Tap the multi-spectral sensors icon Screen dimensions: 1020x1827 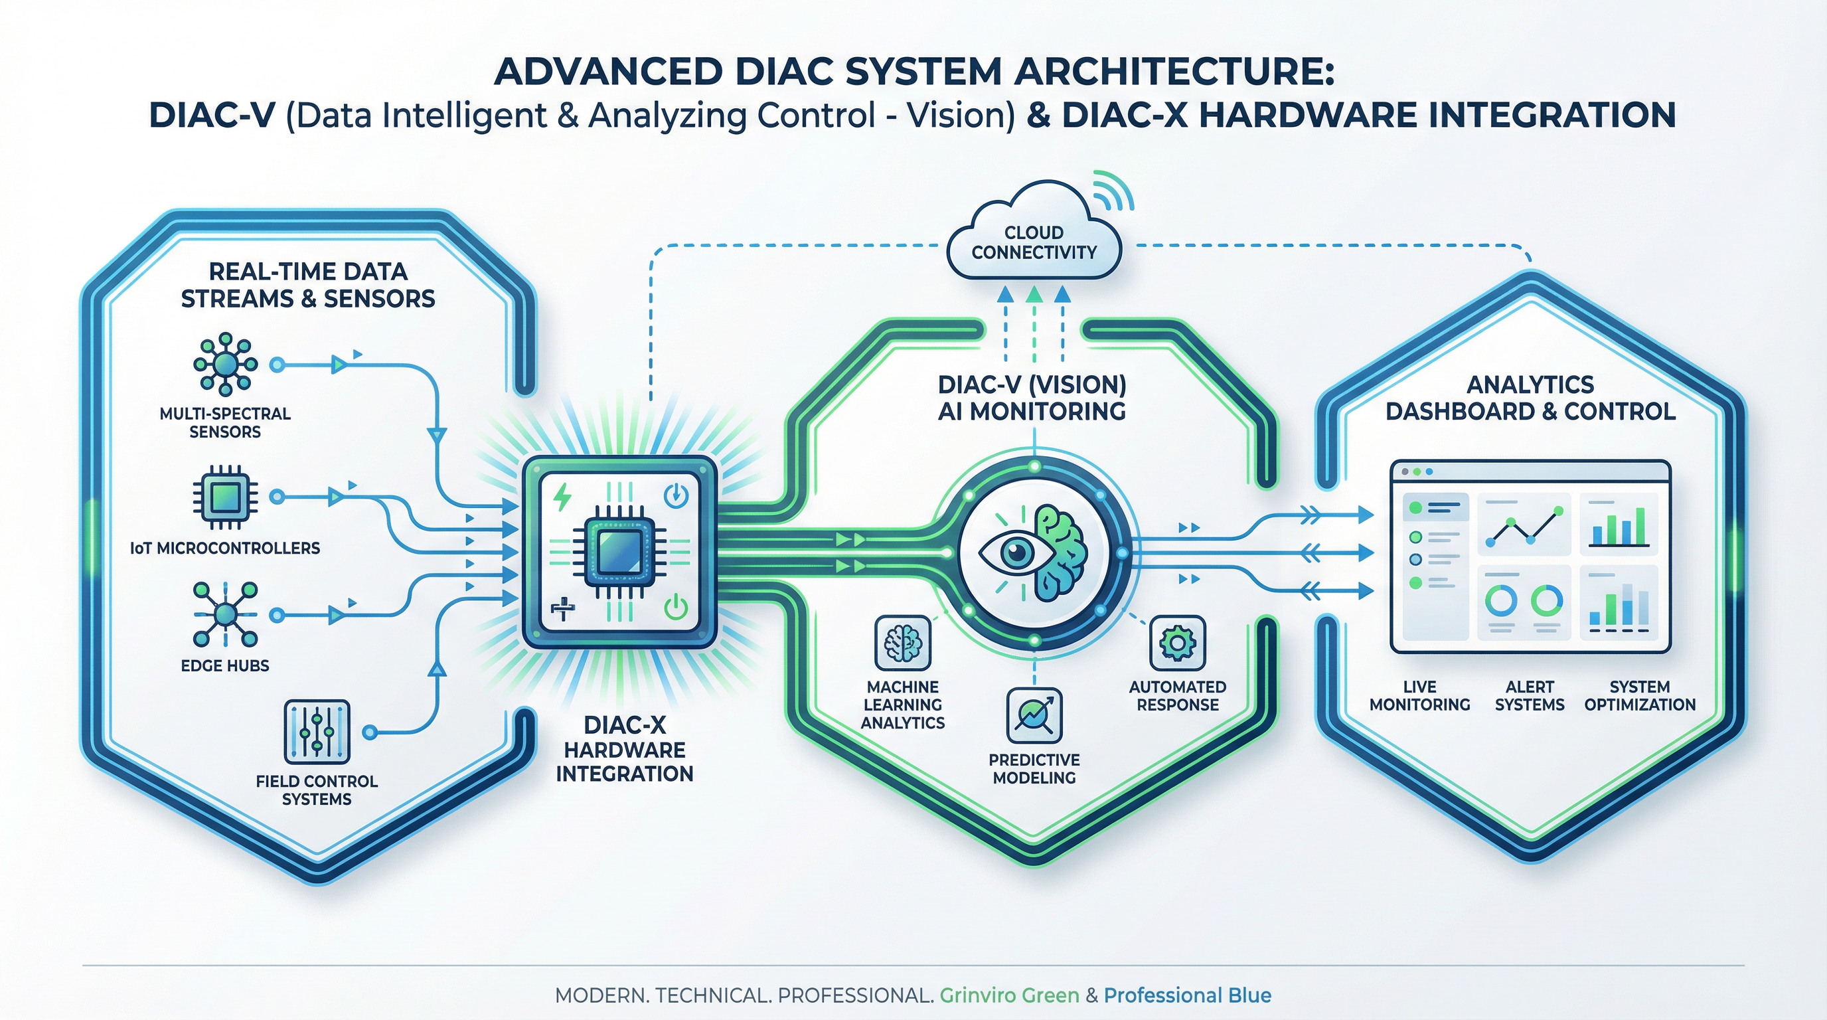(x=225, y=364)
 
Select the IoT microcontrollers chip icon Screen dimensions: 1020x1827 (x=225, y=497)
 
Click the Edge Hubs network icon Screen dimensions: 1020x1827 (x=225, y=614)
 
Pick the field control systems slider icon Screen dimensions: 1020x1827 (x=316, y=731)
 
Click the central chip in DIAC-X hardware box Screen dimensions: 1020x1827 (x=619, y=553)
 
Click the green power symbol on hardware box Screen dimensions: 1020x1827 (x=675, y=608)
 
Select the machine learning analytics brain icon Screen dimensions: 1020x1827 (x=902, y=643)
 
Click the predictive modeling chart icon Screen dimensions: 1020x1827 (x=1034, y=715)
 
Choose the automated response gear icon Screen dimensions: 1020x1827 (x=1177, y=643)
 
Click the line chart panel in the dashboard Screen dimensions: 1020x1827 (x=1524, y=525)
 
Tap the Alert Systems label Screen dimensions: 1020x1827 (x=1529, y=696)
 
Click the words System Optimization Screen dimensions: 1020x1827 (x=1640, y=696)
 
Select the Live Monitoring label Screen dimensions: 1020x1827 (x=1419, y=696)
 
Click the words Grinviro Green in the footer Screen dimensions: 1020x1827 (x=1008, y=995)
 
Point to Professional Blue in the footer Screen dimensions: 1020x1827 (x=1187, y=995)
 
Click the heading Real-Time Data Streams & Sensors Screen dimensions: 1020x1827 (x=308, y=285)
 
